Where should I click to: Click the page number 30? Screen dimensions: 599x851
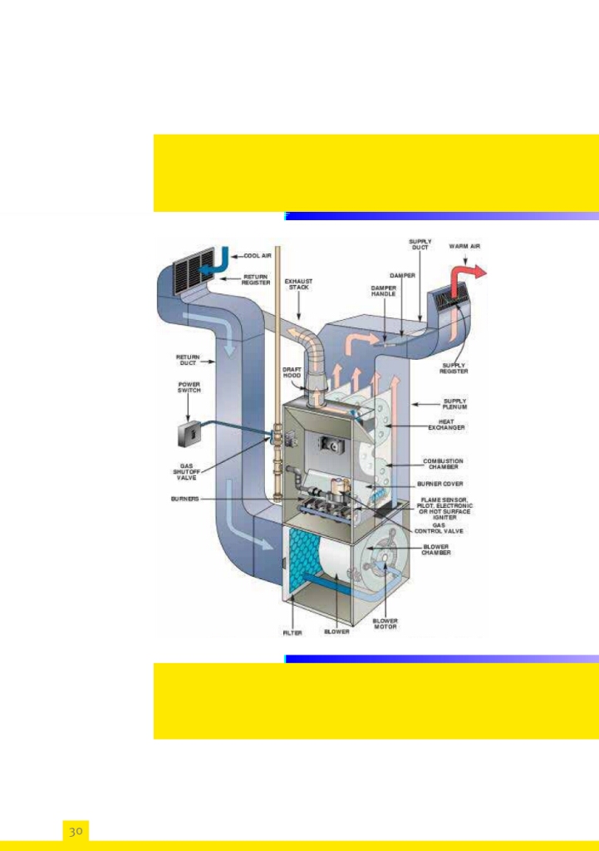coord(76,831)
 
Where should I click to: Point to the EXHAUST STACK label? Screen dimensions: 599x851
coord(299,284)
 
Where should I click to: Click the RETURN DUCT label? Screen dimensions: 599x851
coord(188,360)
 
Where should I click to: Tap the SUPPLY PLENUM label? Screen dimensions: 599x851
coord(455,404)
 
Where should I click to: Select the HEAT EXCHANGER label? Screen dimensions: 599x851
coord(447,425)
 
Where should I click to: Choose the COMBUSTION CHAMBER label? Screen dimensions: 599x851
coord(443,464)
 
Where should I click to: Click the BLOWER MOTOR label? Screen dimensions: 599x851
coord(385,624)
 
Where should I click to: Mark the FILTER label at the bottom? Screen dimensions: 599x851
coord(292,632)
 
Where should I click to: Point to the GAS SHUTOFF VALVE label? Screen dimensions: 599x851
coord(187,472)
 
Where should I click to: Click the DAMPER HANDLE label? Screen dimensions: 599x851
coord(383,291)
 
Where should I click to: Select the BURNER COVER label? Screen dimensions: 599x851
coord(441,484)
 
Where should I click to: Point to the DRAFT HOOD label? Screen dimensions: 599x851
coord(292,372)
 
